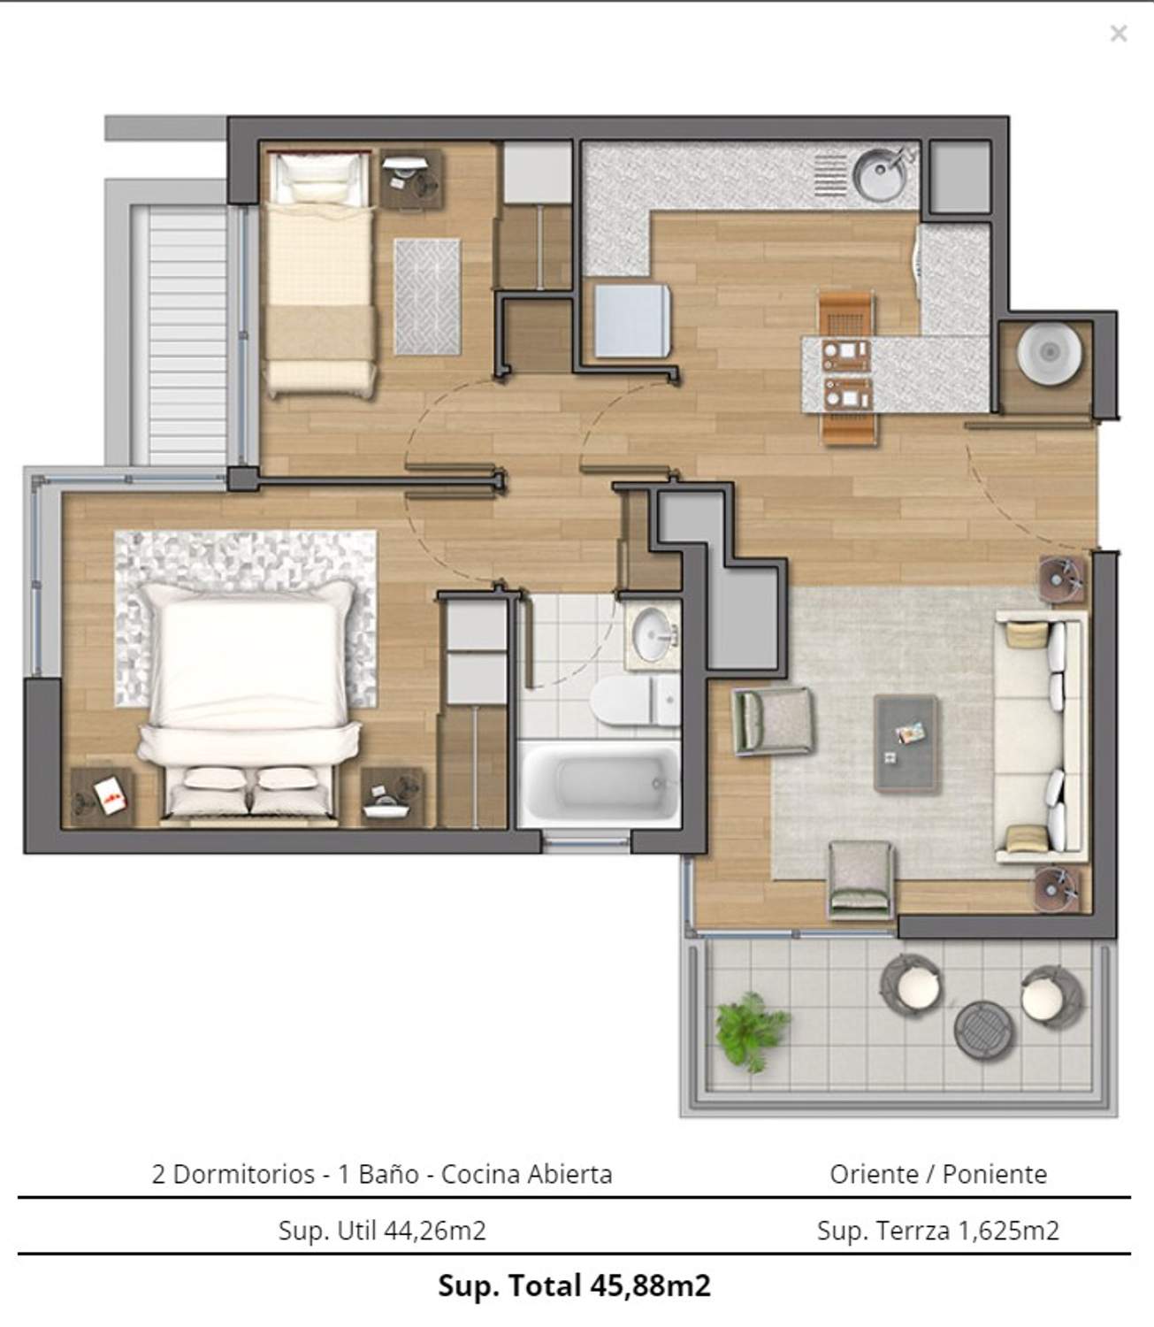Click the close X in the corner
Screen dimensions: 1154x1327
click(1119, 33)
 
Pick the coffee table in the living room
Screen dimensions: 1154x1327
click(905, 743)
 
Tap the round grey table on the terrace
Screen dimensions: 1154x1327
click(984, 1031)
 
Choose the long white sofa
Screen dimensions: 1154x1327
click(1041, 736)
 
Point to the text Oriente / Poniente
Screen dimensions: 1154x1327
click(938, 1174)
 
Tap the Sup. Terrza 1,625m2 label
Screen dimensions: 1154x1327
click(937, 1231)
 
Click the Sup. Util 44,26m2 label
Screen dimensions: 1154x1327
click(382, 1231)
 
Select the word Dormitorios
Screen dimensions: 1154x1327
click(244, 1174)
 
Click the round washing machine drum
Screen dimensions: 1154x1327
click(1049, 353)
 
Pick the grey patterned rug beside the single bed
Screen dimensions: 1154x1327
click(427, 297)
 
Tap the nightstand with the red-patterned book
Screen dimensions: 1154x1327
click(103, 797)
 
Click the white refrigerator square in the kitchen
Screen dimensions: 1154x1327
click(632, 321)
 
